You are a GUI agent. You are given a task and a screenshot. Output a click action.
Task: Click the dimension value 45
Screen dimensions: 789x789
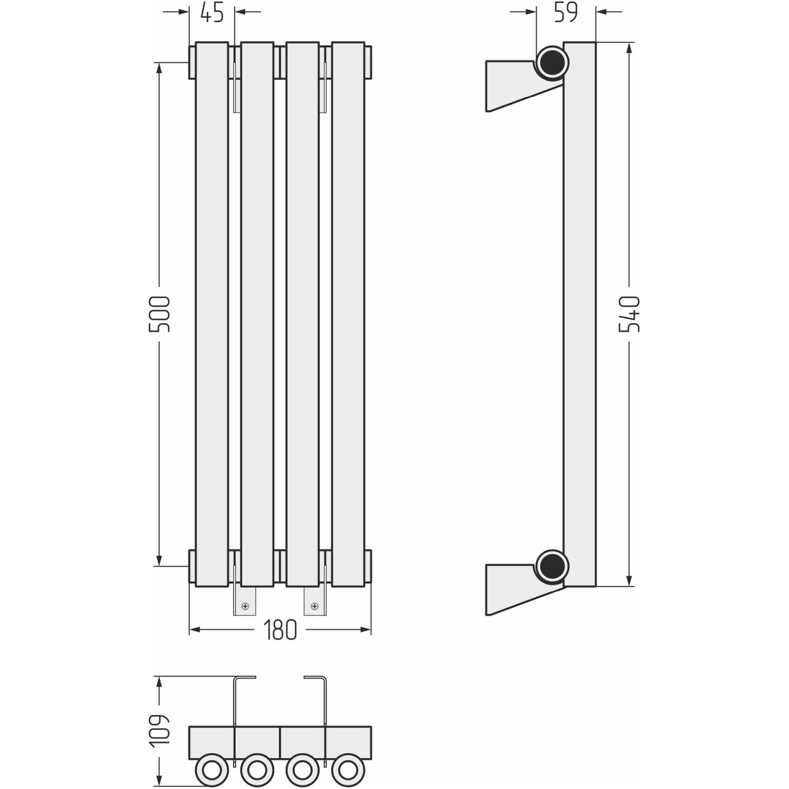(212, 13)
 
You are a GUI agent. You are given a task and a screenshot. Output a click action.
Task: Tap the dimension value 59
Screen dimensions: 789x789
(566, 13)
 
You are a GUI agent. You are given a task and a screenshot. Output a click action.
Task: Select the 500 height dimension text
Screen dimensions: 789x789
(160, 314)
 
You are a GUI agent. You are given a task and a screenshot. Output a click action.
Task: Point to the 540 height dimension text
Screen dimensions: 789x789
(629, 314)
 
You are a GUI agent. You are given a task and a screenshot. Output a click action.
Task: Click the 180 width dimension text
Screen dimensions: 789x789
(280, 630)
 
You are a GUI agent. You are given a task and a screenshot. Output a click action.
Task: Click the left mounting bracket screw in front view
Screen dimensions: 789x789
(245, 606)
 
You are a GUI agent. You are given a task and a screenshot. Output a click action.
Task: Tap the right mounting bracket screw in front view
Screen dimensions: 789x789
(315, 606)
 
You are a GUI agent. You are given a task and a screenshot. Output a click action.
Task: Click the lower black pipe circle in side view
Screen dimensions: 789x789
(552, 566)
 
